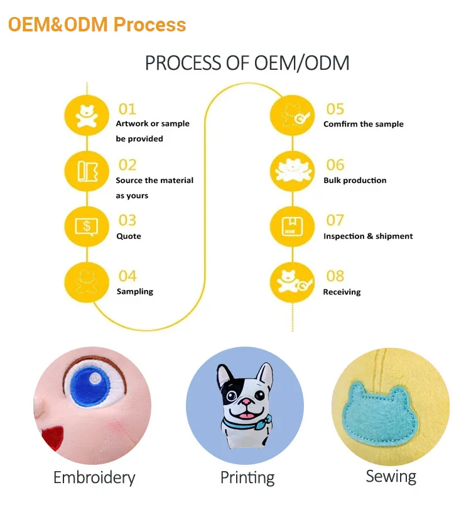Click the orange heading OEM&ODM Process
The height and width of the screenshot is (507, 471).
pos(97,25)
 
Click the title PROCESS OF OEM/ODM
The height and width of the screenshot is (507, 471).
pos(247,63)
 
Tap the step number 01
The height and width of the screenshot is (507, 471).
pos(127,109)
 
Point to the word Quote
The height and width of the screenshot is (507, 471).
pos(129,237)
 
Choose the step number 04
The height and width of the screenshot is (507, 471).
pos(127,276)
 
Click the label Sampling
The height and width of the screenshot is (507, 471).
pos(135,292)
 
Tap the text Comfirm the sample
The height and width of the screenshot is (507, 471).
pos(364,124)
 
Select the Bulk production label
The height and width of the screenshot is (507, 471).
pos(355,181)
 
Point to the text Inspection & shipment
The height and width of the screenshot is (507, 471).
pos(368,237)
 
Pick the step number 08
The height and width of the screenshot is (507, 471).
pos(335,276)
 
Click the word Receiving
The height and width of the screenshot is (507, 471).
pos(342,292)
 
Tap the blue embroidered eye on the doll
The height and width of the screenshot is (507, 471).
pos(93,381)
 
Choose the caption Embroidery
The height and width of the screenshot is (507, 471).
pos(94,477)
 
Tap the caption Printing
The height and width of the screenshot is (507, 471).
pos(247,477)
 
